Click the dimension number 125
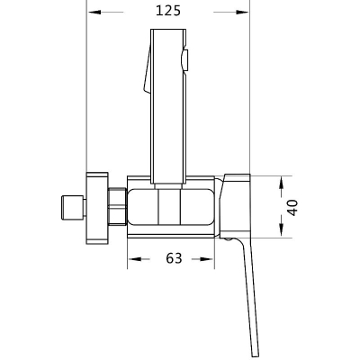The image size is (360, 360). [168, 11]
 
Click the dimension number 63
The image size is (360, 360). [174, 258]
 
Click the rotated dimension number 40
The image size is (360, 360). [292, 207]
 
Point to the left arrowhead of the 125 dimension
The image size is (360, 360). [94, 12]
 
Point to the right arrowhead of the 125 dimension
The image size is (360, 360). [242, 12]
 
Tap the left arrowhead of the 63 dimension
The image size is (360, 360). [135, 258]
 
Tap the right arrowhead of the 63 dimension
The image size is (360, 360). [208, 258]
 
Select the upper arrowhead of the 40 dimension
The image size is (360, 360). [281, 183]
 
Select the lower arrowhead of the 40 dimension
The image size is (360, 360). [281, 230]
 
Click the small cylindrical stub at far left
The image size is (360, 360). [74, 208]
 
